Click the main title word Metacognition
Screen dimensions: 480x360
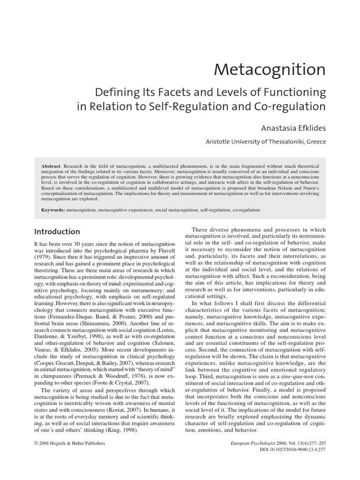click(270, 69)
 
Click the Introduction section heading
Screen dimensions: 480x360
click(57, 232)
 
